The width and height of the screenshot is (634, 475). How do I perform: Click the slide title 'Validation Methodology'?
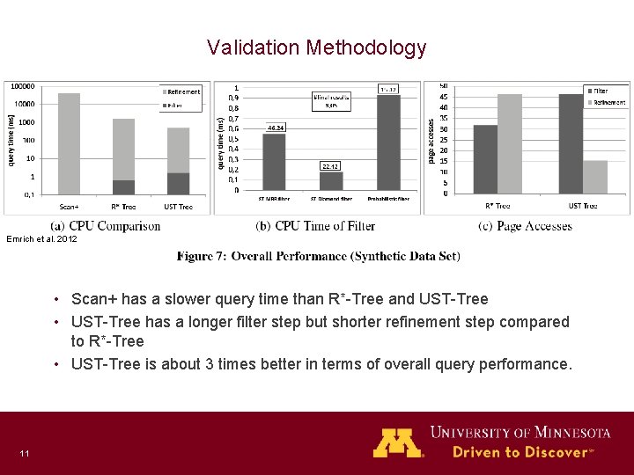tap(317, 47)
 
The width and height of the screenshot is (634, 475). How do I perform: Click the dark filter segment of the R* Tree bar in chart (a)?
tap(124, 187)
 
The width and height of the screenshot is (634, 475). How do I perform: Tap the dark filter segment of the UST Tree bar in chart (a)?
tap(179, 183)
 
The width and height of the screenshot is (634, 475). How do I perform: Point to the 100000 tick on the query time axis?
tap(23, 86)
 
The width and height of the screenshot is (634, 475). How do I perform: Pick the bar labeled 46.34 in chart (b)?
tap(274, 161)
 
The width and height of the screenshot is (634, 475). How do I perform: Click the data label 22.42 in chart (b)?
tap(329, 165)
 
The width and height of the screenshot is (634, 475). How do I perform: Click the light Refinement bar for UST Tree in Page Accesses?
tap(595, 176)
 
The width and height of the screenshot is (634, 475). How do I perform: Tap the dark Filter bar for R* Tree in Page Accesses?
tap(485, 158)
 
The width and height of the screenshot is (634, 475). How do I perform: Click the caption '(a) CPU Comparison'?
tap(106, 227)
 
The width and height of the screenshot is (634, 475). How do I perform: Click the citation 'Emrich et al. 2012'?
tap(42, 239)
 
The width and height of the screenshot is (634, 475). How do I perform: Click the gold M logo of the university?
tap(398, 442)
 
